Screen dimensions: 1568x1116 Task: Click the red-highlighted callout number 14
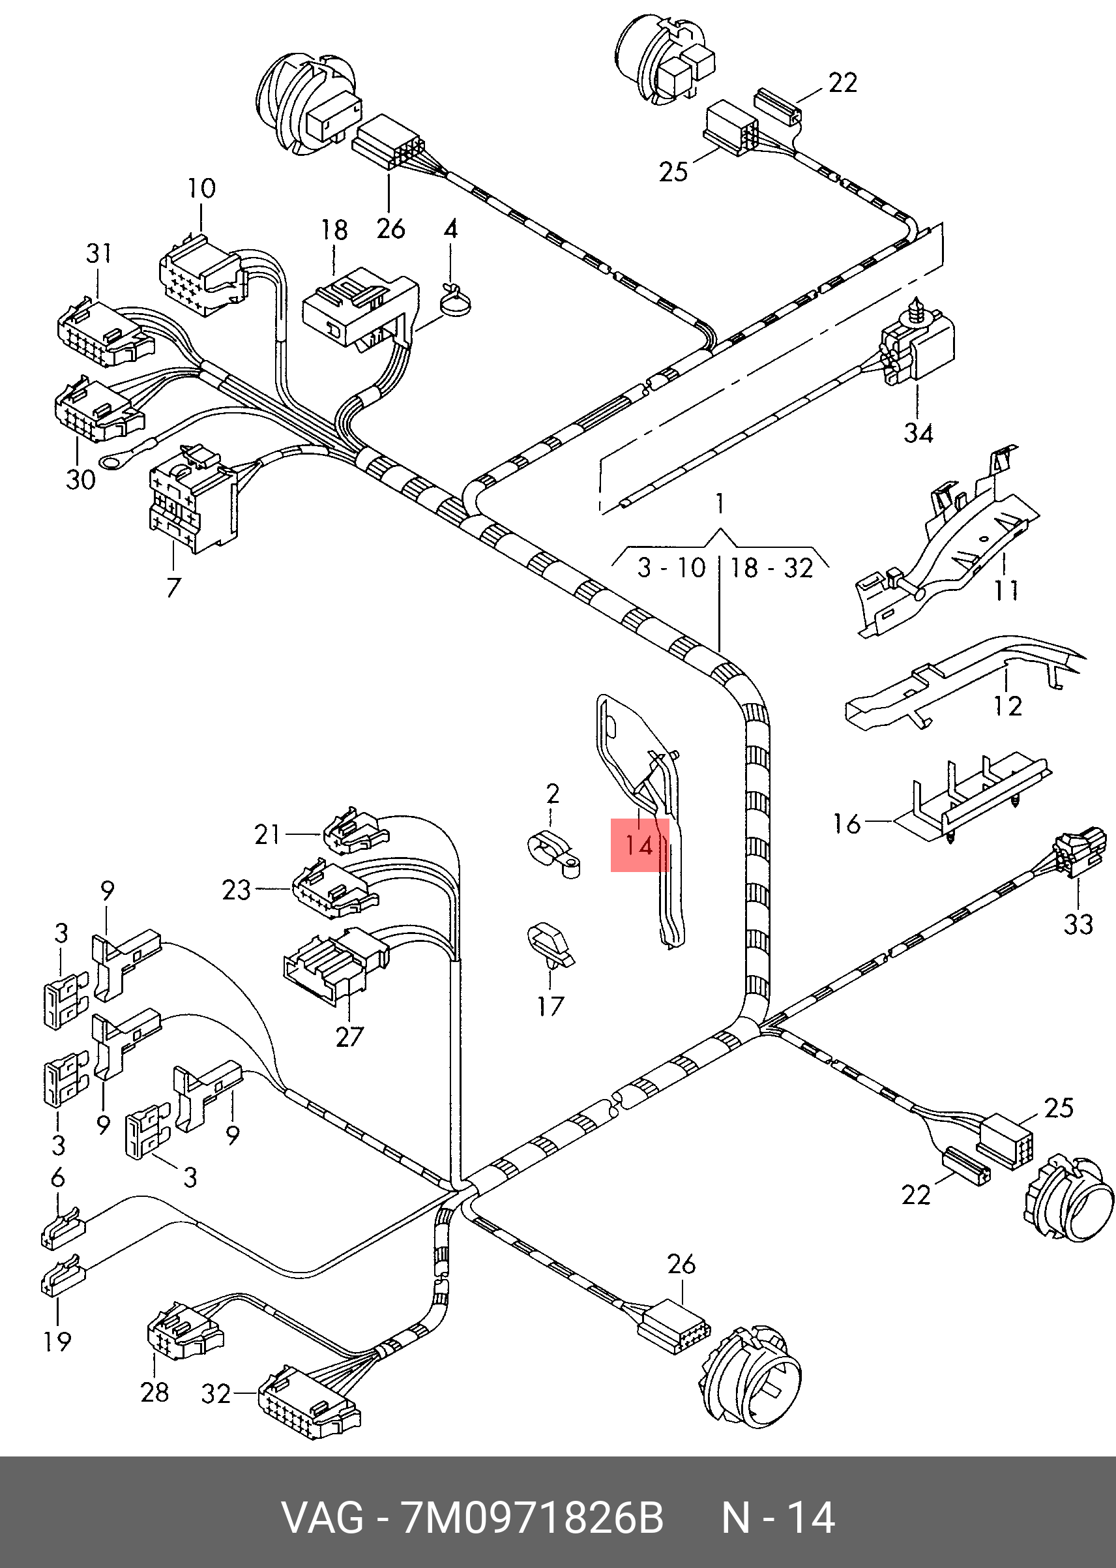coord(639,845)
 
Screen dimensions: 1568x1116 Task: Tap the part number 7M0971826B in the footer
coord(532,1518)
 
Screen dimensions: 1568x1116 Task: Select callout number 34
coord(918,433)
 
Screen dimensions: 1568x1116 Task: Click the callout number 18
coord(334,230)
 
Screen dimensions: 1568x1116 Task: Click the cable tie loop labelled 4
coord(455,302)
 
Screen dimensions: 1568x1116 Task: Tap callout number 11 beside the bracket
coord(1006,590)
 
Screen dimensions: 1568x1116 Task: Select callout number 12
coord(1008,705)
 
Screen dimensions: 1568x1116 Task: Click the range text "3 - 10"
coord(671,568)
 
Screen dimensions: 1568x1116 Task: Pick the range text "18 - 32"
coord(772,568)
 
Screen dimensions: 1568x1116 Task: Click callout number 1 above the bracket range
coord(720,504)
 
